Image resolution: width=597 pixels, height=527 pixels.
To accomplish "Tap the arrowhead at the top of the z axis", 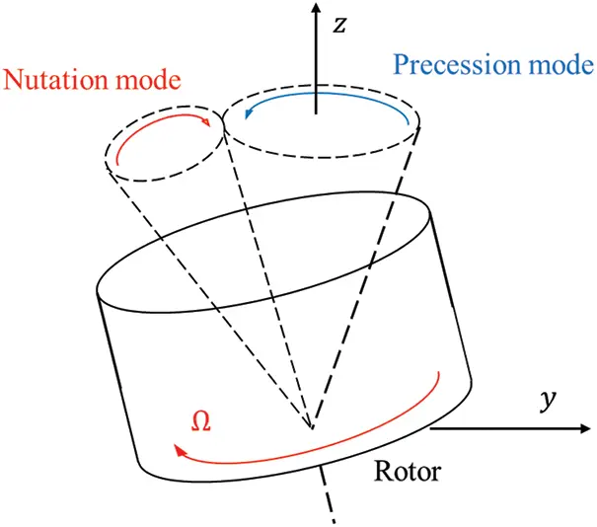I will (315, 9).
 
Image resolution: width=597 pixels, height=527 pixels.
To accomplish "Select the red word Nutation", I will (51, 79).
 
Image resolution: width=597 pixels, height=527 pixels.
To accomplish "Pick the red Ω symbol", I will (200, 419).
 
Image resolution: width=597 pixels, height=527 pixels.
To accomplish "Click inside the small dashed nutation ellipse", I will (163, 153).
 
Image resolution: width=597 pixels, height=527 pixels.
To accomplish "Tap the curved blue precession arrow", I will (326, 95).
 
